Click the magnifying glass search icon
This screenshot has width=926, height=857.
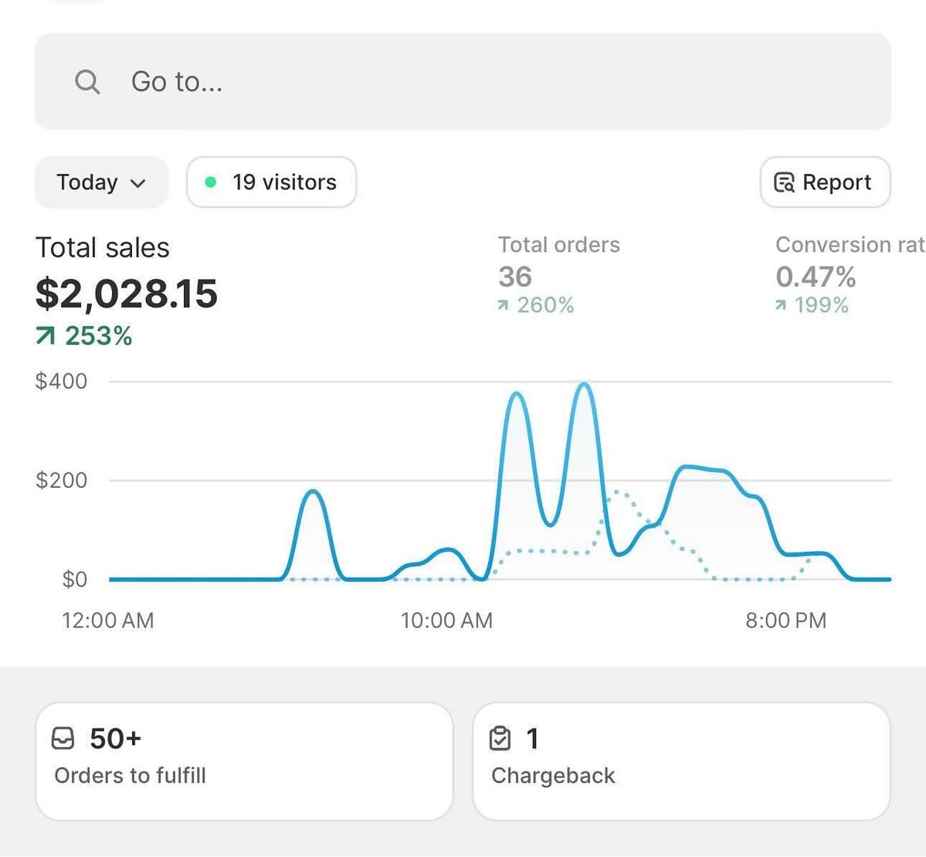[87, 81]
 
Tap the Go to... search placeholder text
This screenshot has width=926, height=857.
[177, 81]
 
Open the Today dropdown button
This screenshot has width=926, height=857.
[101, 182]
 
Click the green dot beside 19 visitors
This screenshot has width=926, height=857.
[210, 182]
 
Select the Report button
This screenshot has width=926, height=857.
[824, 182]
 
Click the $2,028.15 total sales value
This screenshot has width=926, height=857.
[127, 294]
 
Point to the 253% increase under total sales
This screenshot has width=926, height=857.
[85, 336]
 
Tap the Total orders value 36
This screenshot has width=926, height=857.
[515, 277]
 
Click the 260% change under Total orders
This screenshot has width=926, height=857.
[537, 305]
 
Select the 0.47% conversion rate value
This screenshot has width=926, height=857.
[816, 277]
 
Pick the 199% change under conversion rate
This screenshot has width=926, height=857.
[812, 305]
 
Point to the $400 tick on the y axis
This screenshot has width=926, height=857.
[61, 381]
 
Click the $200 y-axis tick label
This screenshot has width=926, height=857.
[61, 480]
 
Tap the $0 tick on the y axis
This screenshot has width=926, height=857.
[74, 579]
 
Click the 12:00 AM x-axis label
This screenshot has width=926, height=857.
[108, 621]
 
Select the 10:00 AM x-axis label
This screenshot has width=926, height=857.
[446, 621]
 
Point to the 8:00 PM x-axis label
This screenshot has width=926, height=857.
[785, 621]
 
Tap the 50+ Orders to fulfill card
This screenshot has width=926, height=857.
[244, 760]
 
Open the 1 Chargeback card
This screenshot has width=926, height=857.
[681, 760]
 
